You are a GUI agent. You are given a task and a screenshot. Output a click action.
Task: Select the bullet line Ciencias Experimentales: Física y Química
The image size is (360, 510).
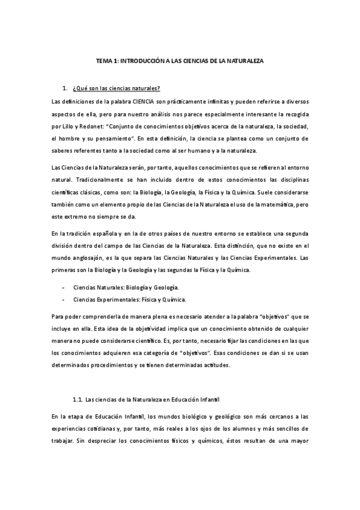tap(129, 299)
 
